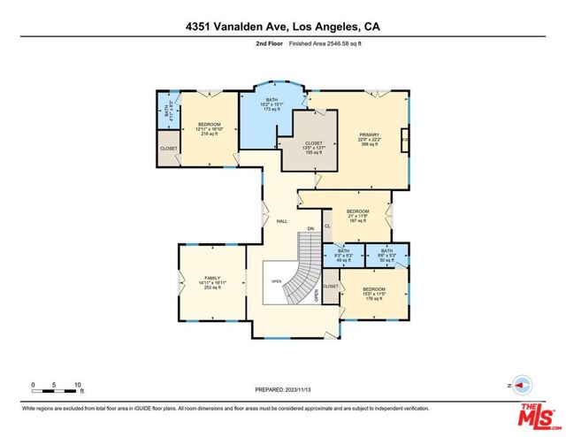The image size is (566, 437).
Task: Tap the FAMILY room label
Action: click(x=211, y=281)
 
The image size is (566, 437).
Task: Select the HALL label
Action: click(x=281, y=221)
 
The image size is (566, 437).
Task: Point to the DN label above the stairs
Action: click(x=310, y=229)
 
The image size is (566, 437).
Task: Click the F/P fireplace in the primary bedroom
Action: click(x=404, y=142)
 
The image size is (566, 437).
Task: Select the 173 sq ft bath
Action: click(x=272, y=107)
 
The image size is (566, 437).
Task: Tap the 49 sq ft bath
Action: click(x=344, y=256)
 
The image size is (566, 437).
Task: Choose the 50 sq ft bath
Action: click(x=387, y=256)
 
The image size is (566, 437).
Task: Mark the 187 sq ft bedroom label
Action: click(x=356, y=218)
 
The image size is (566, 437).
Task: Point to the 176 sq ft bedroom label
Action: click(x=373, y=294)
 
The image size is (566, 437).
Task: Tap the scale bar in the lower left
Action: click(x=57, y=386)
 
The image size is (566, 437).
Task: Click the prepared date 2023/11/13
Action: click(x=282, y=387)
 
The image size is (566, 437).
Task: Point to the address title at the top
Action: click(x=282, y=27)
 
